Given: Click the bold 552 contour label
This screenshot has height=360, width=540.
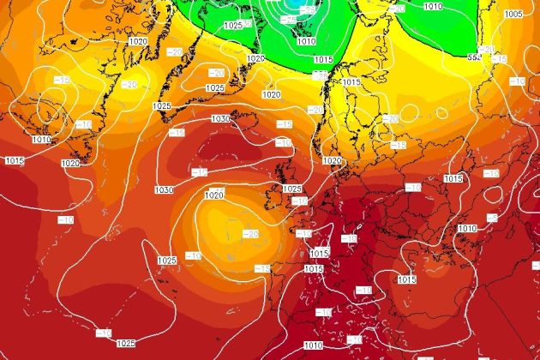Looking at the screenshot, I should [x=474, y=57].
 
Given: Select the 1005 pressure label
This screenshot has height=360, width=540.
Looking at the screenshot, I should [x=513, y=15].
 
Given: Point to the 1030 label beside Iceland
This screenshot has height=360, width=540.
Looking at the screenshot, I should [x=220, y=118].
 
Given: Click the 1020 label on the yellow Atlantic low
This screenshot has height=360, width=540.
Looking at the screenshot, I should [x=214, y=195].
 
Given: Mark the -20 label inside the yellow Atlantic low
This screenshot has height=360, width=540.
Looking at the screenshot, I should [x=251, y=234].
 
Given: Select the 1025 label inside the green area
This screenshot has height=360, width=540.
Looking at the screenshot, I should [x=231, y=26].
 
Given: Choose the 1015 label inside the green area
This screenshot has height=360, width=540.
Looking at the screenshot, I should [x=324, y=60].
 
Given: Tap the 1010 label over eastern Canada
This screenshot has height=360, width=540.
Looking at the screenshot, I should [x=41, y=139].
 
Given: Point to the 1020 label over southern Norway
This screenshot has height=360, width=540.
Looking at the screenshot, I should [x=332, y=160].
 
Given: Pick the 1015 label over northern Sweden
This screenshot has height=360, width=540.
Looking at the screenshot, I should [x=351, y=82].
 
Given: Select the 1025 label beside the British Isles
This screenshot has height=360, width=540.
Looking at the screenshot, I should [x=291, y=189].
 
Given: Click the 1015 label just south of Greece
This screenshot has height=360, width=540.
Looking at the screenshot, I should [x=406, y=279].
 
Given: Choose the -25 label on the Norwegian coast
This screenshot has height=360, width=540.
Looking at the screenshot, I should [x=320, y=75].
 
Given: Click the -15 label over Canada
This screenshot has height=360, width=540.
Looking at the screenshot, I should [x=62, y=79].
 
